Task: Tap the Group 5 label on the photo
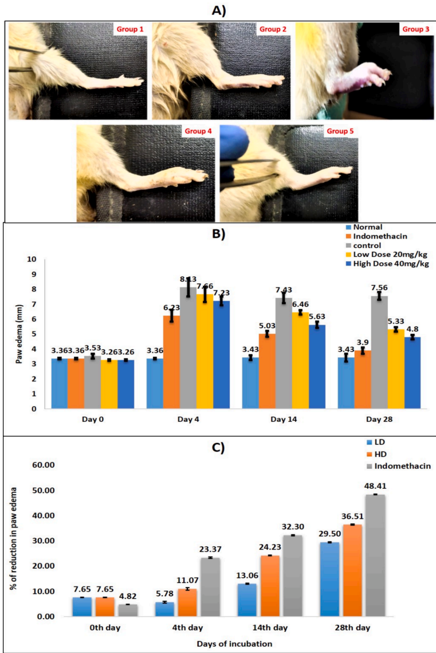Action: point(340,131)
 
